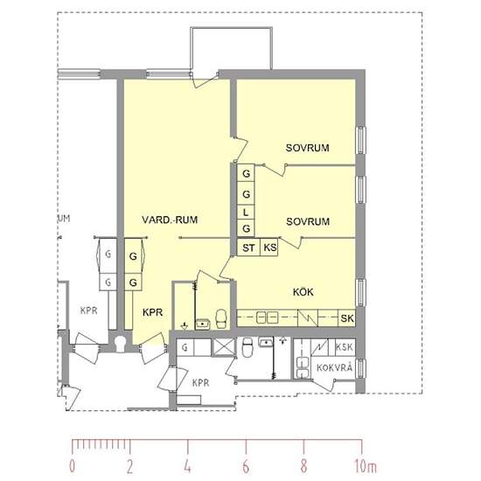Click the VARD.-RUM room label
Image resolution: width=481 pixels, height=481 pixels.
click(170, 220)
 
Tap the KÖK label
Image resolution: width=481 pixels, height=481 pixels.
click(303, 292)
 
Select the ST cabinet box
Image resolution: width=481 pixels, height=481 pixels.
click(248, 247)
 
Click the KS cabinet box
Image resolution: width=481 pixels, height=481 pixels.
click(269, 247)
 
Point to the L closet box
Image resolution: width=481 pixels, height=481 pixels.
click(246, 213)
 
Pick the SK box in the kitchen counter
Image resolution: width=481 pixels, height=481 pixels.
click(347, 318)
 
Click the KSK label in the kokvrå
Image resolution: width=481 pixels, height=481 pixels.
click(345, 347)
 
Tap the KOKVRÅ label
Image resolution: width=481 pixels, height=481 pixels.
click(334, 367)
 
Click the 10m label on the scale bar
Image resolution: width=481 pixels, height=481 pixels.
click(366, 466)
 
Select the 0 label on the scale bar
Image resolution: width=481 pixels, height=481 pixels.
click(72, 466)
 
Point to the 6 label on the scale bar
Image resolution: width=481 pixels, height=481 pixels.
click(246, 466)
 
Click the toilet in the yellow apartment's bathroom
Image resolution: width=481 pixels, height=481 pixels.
click(221, 318)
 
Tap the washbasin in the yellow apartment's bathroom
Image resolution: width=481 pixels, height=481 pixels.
click(203, 324)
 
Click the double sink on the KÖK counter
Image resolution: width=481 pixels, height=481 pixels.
click(268, 317)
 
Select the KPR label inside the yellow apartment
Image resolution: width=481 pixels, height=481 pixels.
click(152, 312)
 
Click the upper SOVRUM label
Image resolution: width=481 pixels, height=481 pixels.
click(307, 148)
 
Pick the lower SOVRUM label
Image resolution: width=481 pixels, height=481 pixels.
click(308, 221)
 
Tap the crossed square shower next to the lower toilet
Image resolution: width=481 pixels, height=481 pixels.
click(224, 347)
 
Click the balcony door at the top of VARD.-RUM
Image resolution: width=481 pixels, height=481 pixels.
click(205, 80)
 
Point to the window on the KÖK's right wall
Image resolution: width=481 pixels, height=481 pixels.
click(360, 293)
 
